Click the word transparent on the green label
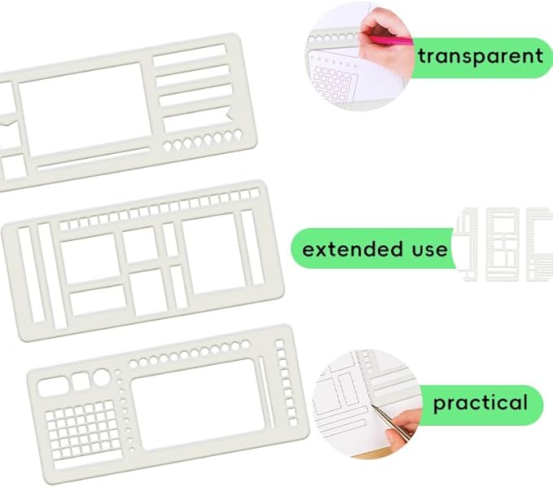click(x=480, y=56)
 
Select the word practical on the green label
click(x=481, y=402)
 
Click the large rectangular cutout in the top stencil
click(x=81, y=107)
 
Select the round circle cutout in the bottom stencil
click(x=101, y=377)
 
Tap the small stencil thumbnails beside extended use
click(x=505, y=243)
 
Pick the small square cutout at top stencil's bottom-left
click(x=12, y=167)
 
